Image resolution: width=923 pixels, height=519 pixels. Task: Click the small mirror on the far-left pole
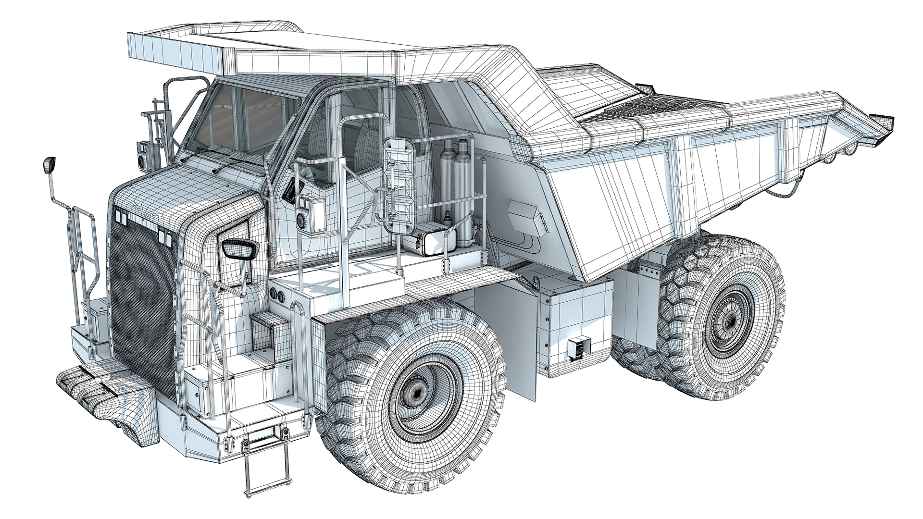click(x=49, y=165)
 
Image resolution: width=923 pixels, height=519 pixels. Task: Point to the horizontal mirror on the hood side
click(x=240, y=249)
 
